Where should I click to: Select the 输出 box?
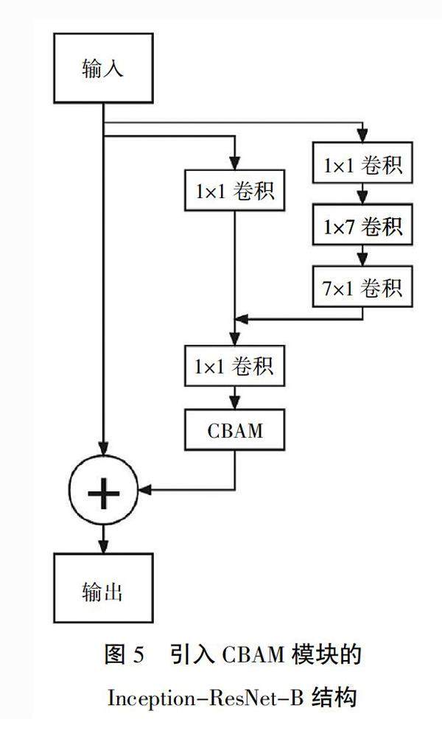point(103,591)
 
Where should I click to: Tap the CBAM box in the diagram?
point(235,430)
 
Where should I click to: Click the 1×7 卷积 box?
point(362,227)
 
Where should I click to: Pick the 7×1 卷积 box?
point(362,288)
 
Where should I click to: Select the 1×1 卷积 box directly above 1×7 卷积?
point(362,166)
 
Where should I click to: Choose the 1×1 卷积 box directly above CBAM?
point(235,365)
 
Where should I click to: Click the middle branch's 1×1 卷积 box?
point(235,191)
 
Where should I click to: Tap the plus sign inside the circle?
point(103,487)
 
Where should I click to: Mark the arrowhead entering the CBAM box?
point(235,404)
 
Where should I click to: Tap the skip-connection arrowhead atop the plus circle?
point(103,452)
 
